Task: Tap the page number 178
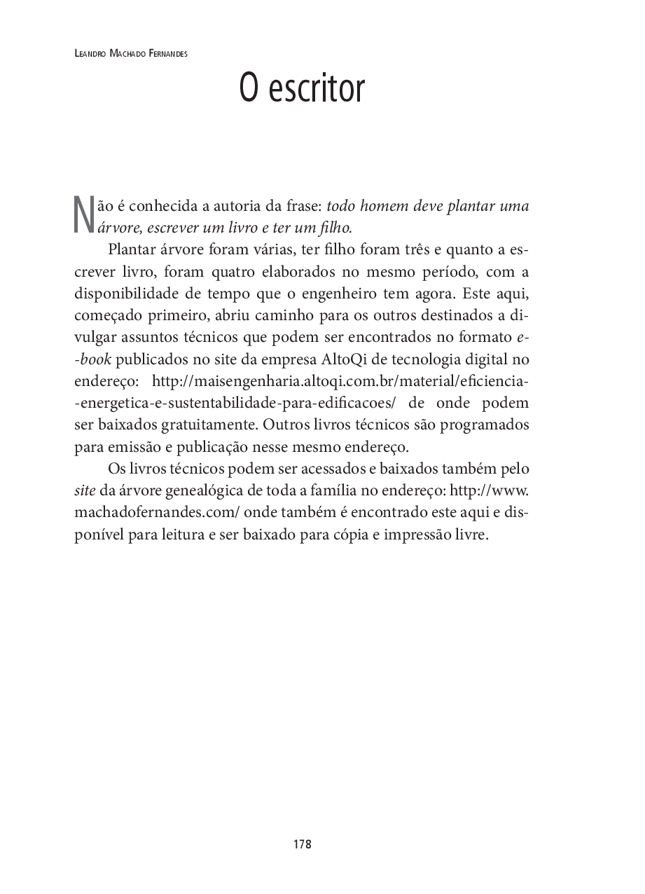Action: pyautogui.click(x=303, y=844)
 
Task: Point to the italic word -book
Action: pyautogui.click(x=92, y=360)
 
